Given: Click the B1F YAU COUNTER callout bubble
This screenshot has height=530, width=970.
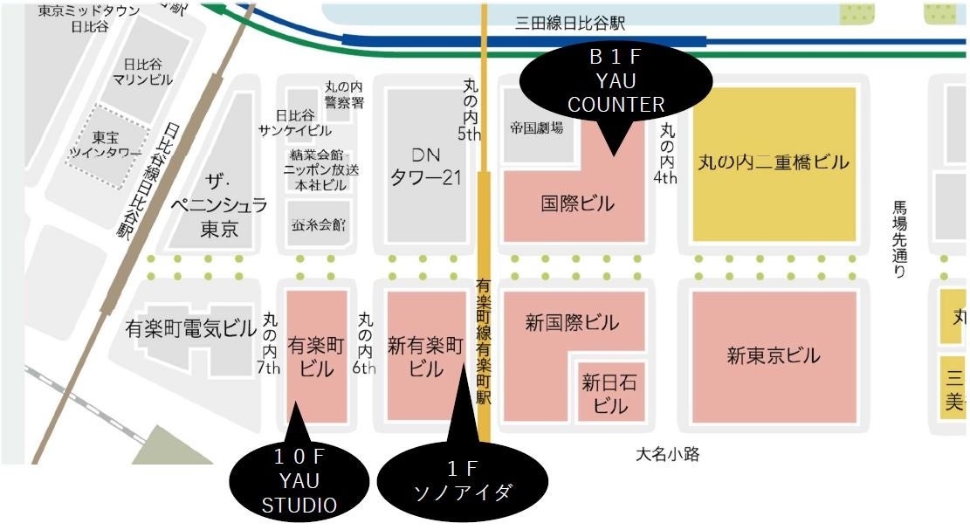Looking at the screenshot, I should pos(615,81).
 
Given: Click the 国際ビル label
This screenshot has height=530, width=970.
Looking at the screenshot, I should pos(578,204).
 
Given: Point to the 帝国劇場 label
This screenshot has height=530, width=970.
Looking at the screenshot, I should pos(536,128).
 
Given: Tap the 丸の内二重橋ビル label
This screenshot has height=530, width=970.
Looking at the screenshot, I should pos(774,162).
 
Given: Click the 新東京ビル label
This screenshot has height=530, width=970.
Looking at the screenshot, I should pos(774,355).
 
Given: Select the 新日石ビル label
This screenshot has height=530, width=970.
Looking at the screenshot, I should pos(610,394).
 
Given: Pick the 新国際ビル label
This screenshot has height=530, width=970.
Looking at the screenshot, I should pos(572,323).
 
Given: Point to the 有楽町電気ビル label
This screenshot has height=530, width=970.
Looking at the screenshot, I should pos(191,328).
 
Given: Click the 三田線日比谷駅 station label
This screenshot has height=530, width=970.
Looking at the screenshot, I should pos(570,24).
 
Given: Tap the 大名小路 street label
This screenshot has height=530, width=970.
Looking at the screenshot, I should pos(667,454).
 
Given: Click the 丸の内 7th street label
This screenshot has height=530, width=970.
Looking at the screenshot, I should pos(269,344).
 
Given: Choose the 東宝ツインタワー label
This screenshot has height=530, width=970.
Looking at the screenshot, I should pos(105,145).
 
